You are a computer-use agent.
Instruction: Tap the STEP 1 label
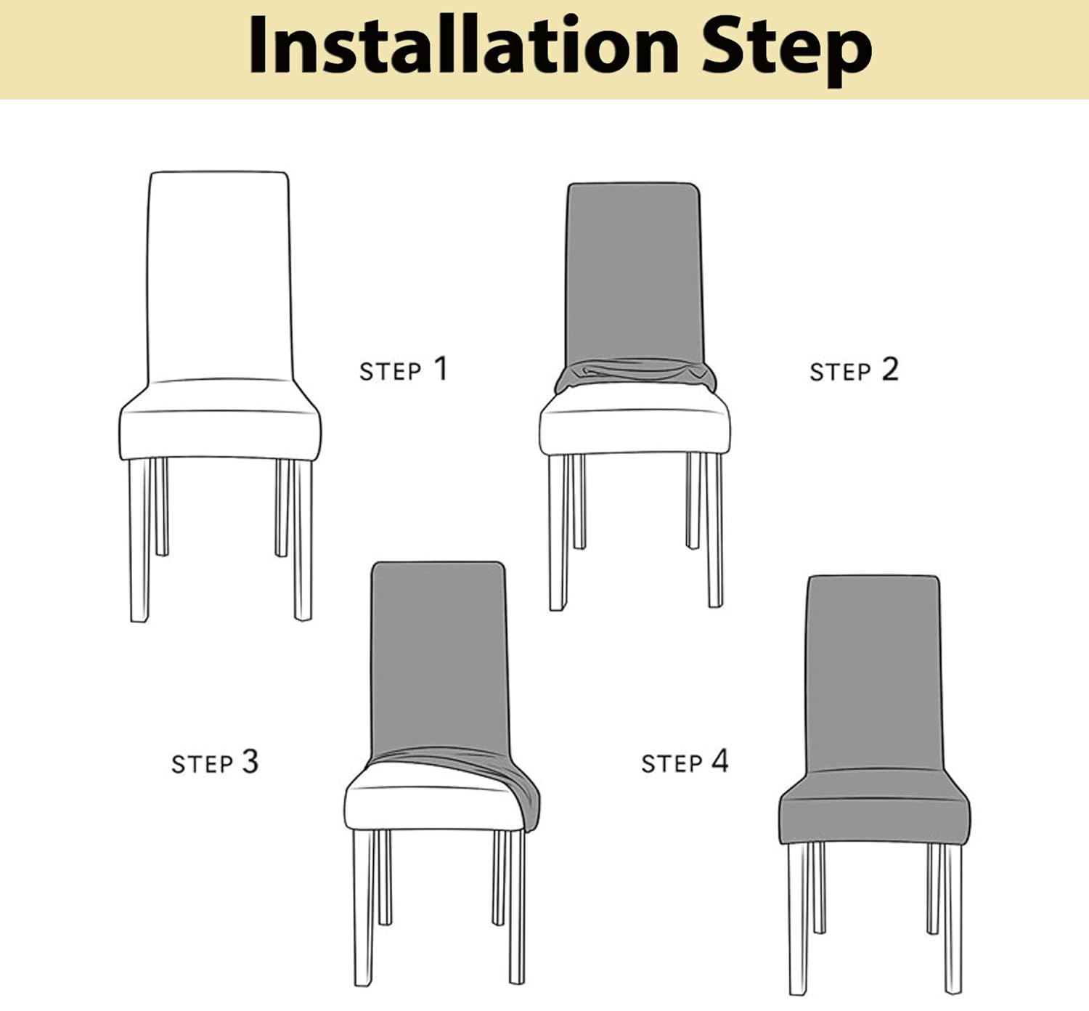pyautogui.click(x=404, y=370)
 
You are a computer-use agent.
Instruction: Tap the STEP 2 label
pyautogui.click(x=854, y=370)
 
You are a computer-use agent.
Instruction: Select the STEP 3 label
pyautogui.click(x=215, y=763)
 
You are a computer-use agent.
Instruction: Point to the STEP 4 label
pyautogui.click(x=684, y=762)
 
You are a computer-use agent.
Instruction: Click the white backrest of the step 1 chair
pyautogui.click(x=219, y=276)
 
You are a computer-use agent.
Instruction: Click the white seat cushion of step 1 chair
pyautogui.click(x=219, y=434)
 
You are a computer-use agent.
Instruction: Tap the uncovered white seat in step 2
pyautogui.click(x=635, y=432)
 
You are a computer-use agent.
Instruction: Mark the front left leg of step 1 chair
pyautogui.click(x=139, y=541)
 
